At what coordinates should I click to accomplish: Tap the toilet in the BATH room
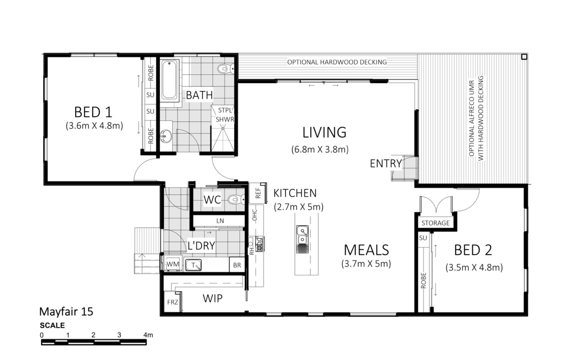click(226, 69)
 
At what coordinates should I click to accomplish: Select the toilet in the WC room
click(237, 199)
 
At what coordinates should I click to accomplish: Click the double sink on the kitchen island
click(302, 240)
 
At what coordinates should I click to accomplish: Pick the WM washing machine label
click(173, 264)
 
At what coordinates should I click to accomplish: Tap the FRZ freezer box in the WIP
click(172, 302)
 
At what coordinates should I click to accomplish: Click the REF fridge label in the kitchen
click(258, 193)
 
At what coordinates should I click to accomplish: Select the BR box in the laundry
click(237, 265)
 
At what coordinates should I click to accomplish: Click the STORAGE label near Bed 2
click(436, 223)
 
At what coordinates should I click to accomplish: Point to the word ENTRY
click(386, 163)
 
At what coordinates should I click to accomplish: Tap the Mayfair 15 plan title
click(66, 312)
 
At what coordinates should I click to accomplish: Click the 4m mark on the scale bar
click(148, 335)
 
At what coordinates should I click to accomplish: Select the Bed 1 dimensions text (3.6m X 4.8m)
click(94, 126)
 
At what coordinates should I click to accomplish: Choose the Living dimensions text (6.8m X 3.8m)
click(320, 149)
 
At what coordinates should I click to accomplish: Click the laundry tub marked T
click(193, 265)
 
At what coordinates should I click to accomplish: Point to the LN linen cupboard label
click(220, 221)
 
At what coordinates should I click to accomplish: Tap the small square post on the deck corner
click(524, 56)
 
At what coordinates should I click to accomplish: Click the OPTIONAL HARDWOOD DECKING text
click(337, 62)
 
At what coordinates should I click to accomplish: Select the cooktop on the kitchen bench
click(259, 244)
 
